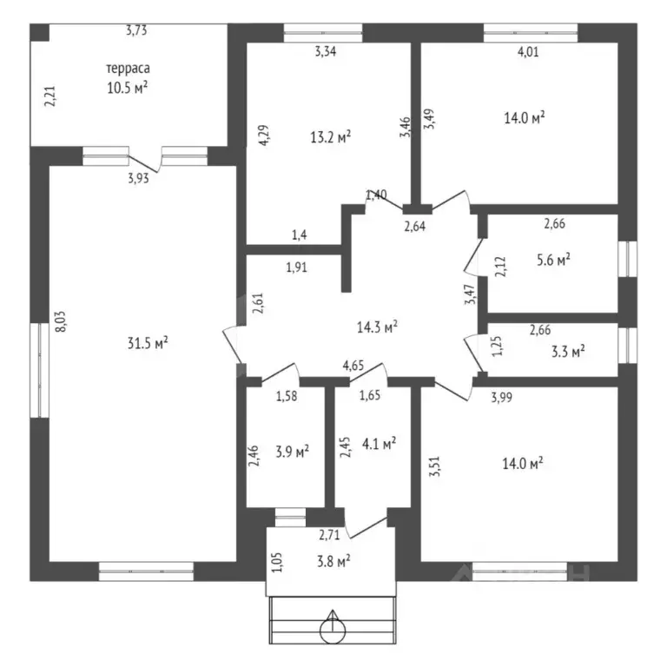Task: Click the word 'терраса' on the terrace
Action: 128,68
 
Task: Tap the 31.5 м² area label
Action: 148,342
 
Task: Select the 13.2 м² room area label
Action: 331,137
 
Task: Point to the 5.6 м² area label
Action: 553,260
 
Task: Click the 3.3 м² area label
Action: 568,352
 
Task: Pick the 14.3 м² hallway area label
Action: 377,327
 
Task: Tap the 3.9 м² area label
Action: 292,452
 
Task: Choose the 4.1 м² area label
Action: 379,444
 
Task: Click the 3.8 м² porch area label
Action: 333,561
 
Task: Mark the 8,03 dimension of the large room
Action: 61,321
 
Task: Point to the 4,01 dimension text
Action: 528,52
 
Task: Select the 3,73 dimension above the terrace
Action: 136,30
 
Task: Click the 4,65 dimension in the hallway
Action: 353,366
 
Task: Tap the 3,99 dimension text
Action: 501,397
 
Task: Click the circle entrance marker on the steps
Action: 333,630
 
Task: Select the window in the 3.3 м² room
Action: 627,345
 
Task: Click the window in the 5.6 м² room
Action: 627,259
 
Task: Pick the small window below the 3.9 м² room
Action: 290,518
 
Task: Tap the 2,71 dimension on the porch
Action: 330,535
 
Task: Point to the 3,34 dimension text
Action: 326,51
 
